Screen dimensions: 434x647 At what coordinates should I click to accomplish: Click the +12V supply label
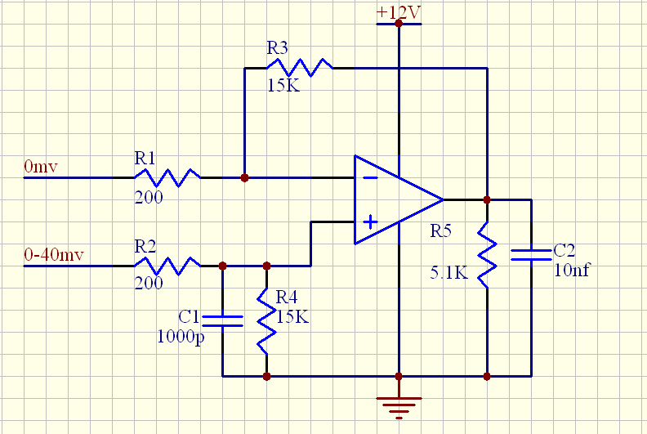[x=398, y=12]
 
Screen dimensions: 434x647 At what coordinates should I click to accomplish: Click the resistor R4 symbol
[x=266, y=320]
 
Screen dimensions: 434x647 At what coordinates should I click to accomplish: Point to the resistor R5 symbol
[x=487, y=254]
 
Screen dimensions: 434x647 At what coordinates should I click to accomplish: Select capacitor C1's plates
[x=222, y=320]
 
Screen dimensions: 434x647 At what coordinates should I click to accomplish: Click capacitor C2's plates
[x=531, y=254]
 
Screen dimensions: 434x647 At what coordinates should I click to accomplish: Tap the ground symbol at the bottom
[x=398, y=405]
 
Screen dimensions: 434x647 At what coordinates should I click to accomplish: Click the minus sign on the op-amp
[x=370, y=177]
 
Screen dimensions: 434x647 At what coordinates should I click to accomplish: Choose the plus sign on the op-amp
[x=370, y=221]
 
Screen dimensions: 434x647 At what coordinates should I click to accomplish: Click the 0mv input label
[x=41, y=167]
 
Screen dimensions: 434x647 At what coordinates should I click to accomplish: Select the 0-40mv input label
[x=54, y=255]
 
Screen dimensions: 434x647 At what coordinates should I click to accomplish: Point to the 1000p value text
[x=181, y=336]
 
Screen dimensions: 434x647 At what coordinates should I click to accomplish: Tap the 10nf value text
[x=571, y=269]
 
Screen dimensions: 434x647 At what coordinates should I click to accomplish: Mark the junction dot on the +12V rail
[x=398, y=24]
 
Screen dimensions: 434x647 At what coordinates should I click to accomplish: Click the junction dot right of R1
[x=244, y=177]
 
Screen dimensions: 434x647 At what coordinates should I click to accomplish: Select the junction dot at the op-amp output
[x=487, y=199]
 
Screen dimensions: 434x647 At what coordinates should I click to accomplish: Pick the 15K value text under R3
[x=283, y=85]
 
